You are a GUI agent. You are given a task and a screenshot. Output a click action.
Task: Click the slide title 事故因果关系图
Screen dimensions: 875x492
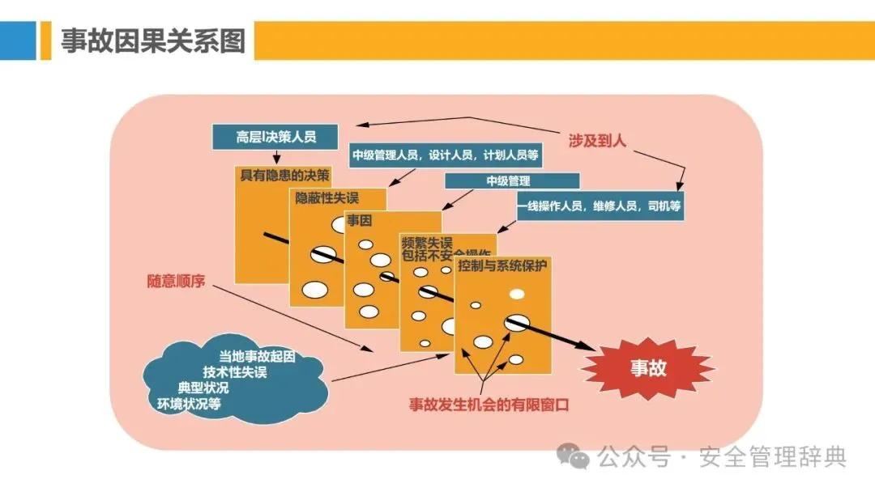pos(153,40)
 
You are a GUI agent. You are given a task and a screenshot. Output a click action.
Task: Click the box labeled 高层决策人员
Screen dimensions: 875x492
pos(275,137)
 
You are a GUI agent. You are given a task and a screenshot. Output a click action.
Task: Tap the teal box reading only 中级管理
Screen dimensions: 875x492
pos(512,180)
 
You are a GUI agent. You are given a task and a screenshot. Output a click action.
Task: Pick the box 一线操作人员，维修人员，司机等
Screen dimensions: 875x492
pos(600,206)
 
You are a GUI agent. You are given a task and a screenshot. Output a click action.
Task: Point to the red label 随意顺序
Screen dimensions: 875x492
pos(176,282)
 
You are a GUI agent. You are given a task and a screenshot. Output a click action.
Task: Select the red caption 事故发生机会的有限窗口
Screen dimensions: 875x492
pos(489,405)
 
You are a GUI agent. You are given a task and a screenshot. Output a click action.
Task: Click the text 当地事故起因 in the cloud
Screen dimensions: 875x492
pos(257,356)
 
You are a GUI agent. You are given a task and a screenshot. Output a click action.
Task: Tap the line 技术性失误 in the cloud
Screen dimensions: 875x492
pos(235,372)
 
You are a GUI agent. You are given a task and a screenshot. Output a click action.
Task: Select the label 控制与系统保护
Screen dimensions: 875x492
pos(502,265)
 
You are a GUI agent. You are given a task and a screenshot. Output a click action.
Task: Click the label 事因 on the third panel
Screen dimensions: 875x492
pos(360,219)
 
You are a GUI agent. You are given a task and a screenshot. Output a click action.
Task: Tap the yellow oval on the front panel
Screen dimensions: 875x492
pos(517,293)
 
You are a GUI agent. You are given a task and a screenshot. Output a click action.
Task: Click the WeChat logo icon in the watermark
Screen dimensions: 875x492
pos(578,457)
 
